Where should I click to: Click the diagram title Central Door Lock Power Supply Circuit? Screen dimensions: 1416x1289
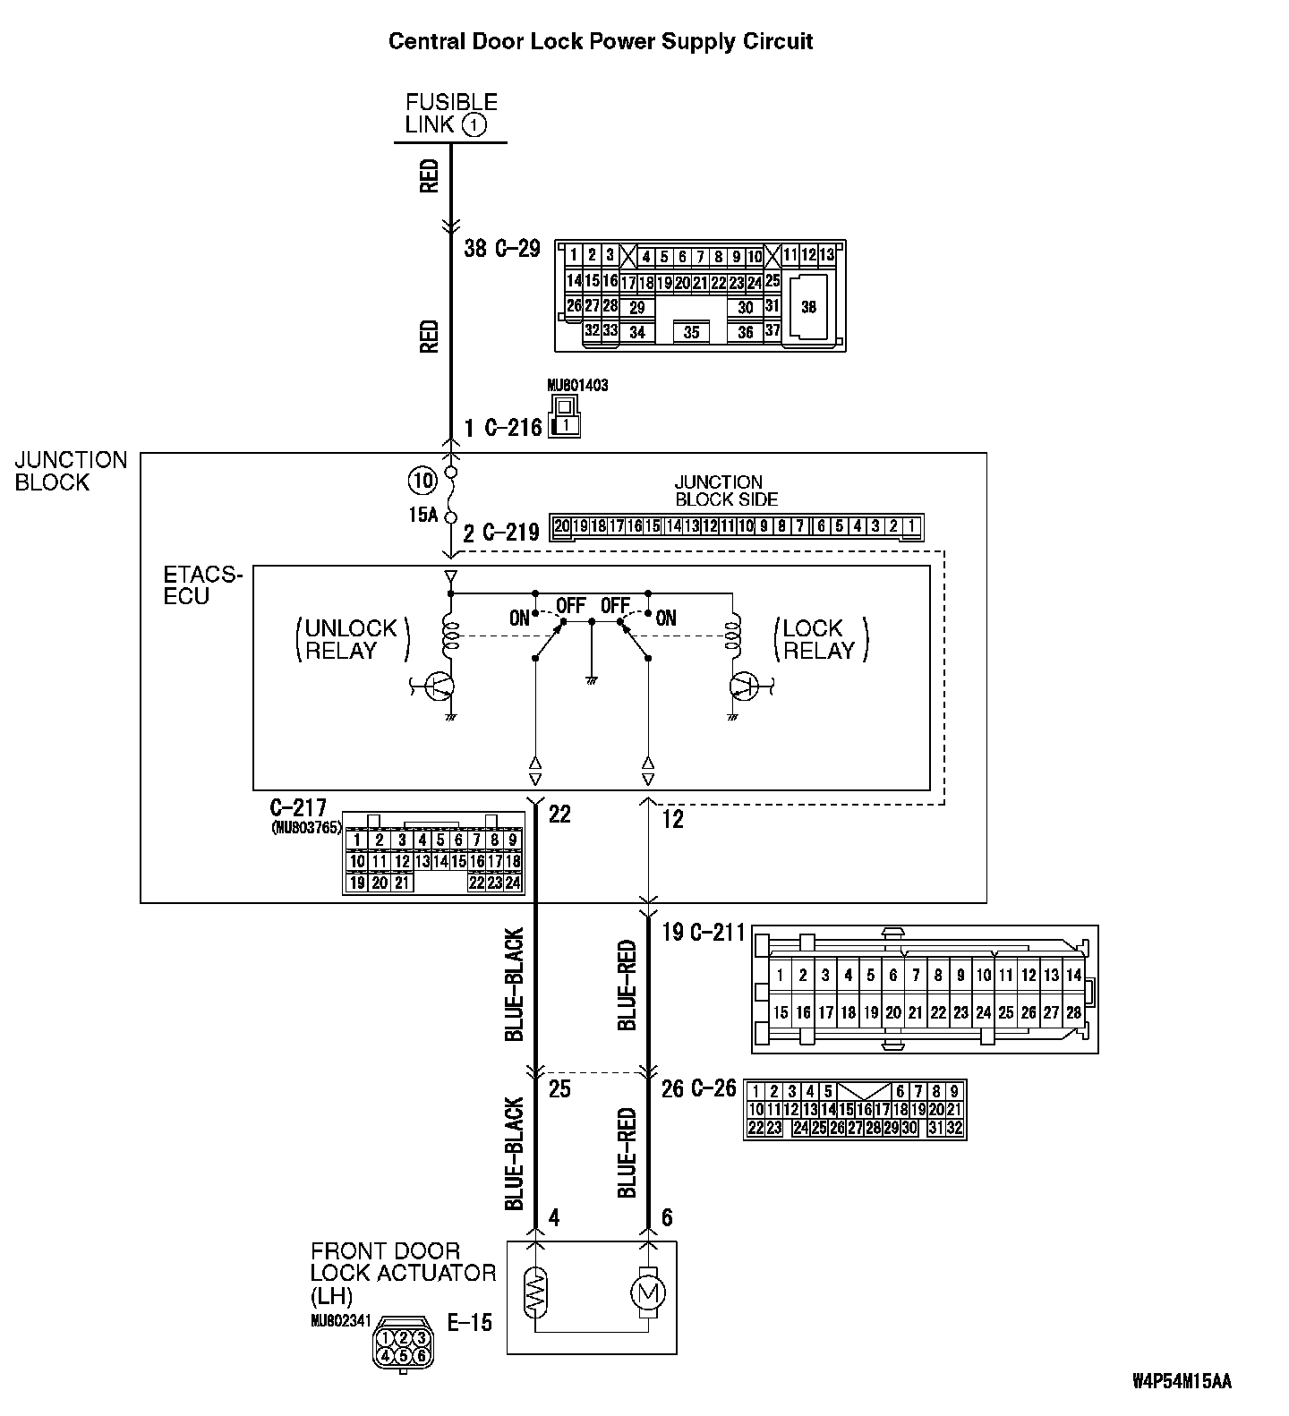coord(600,41)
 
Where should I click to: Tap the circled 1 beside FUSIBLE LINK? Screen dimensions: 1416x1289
coord(474,124)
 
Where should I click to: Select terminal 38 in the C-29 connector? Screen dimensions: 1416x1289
coord(808,307)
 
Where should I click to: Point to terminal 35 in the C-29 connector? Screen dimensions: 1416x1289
coord(691,332)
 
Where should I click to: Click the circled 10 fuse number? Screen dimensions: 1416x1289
coord(422,481)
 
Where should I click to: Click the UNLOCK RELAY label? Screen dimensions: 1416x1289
coord(351,639)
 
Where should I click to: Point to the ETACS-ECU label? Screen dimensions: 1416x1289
coord(202,584)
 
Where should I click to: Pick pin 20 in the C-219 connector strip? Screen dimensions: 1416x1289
coord(562,526)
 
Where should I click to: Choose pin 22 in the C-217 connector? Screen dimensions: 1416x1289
coord(476,883)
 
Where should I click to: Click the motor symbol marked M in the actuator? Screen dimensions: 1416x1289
coord(648,1292)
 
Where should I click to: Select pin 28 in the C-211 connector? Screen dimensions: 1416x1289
coord(1073,1012)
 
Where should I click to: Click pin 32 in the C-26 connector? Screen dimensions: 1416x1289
coord(954,1128)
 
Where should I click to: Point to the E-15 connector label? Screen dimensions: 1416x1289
coord(470,1322)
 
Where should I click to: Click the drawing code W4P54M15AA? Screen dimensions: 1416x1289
coord(1182,1381)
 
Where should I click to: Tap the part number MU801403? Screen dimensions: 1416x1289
coord(577,386)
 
